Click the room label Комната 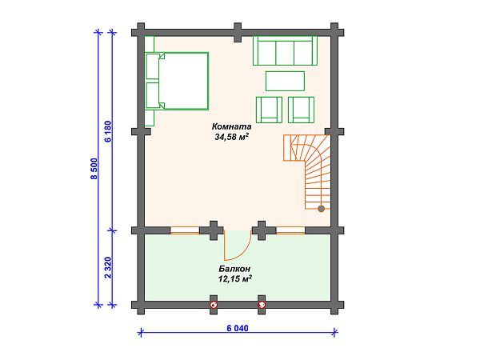pos(232,127)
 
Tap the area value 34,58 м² pos(232,138)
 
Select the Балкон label pos(234,270)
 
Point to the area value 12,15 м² pos(234,280)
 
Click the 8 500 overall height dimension pos(94,170)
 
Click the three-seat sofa pos(283,50)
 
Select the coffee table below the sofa pos(284,81)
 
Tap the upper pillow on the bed pos(153,66)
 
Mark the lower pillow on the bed pos(153,93)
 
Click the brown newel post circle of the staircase pos(322,209)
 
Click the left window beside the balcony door pos(184,231)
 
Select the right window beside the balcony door pos(290,231)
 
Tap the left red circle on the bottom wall pos(214,305)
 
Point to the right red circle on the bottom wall pos(262,305)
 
